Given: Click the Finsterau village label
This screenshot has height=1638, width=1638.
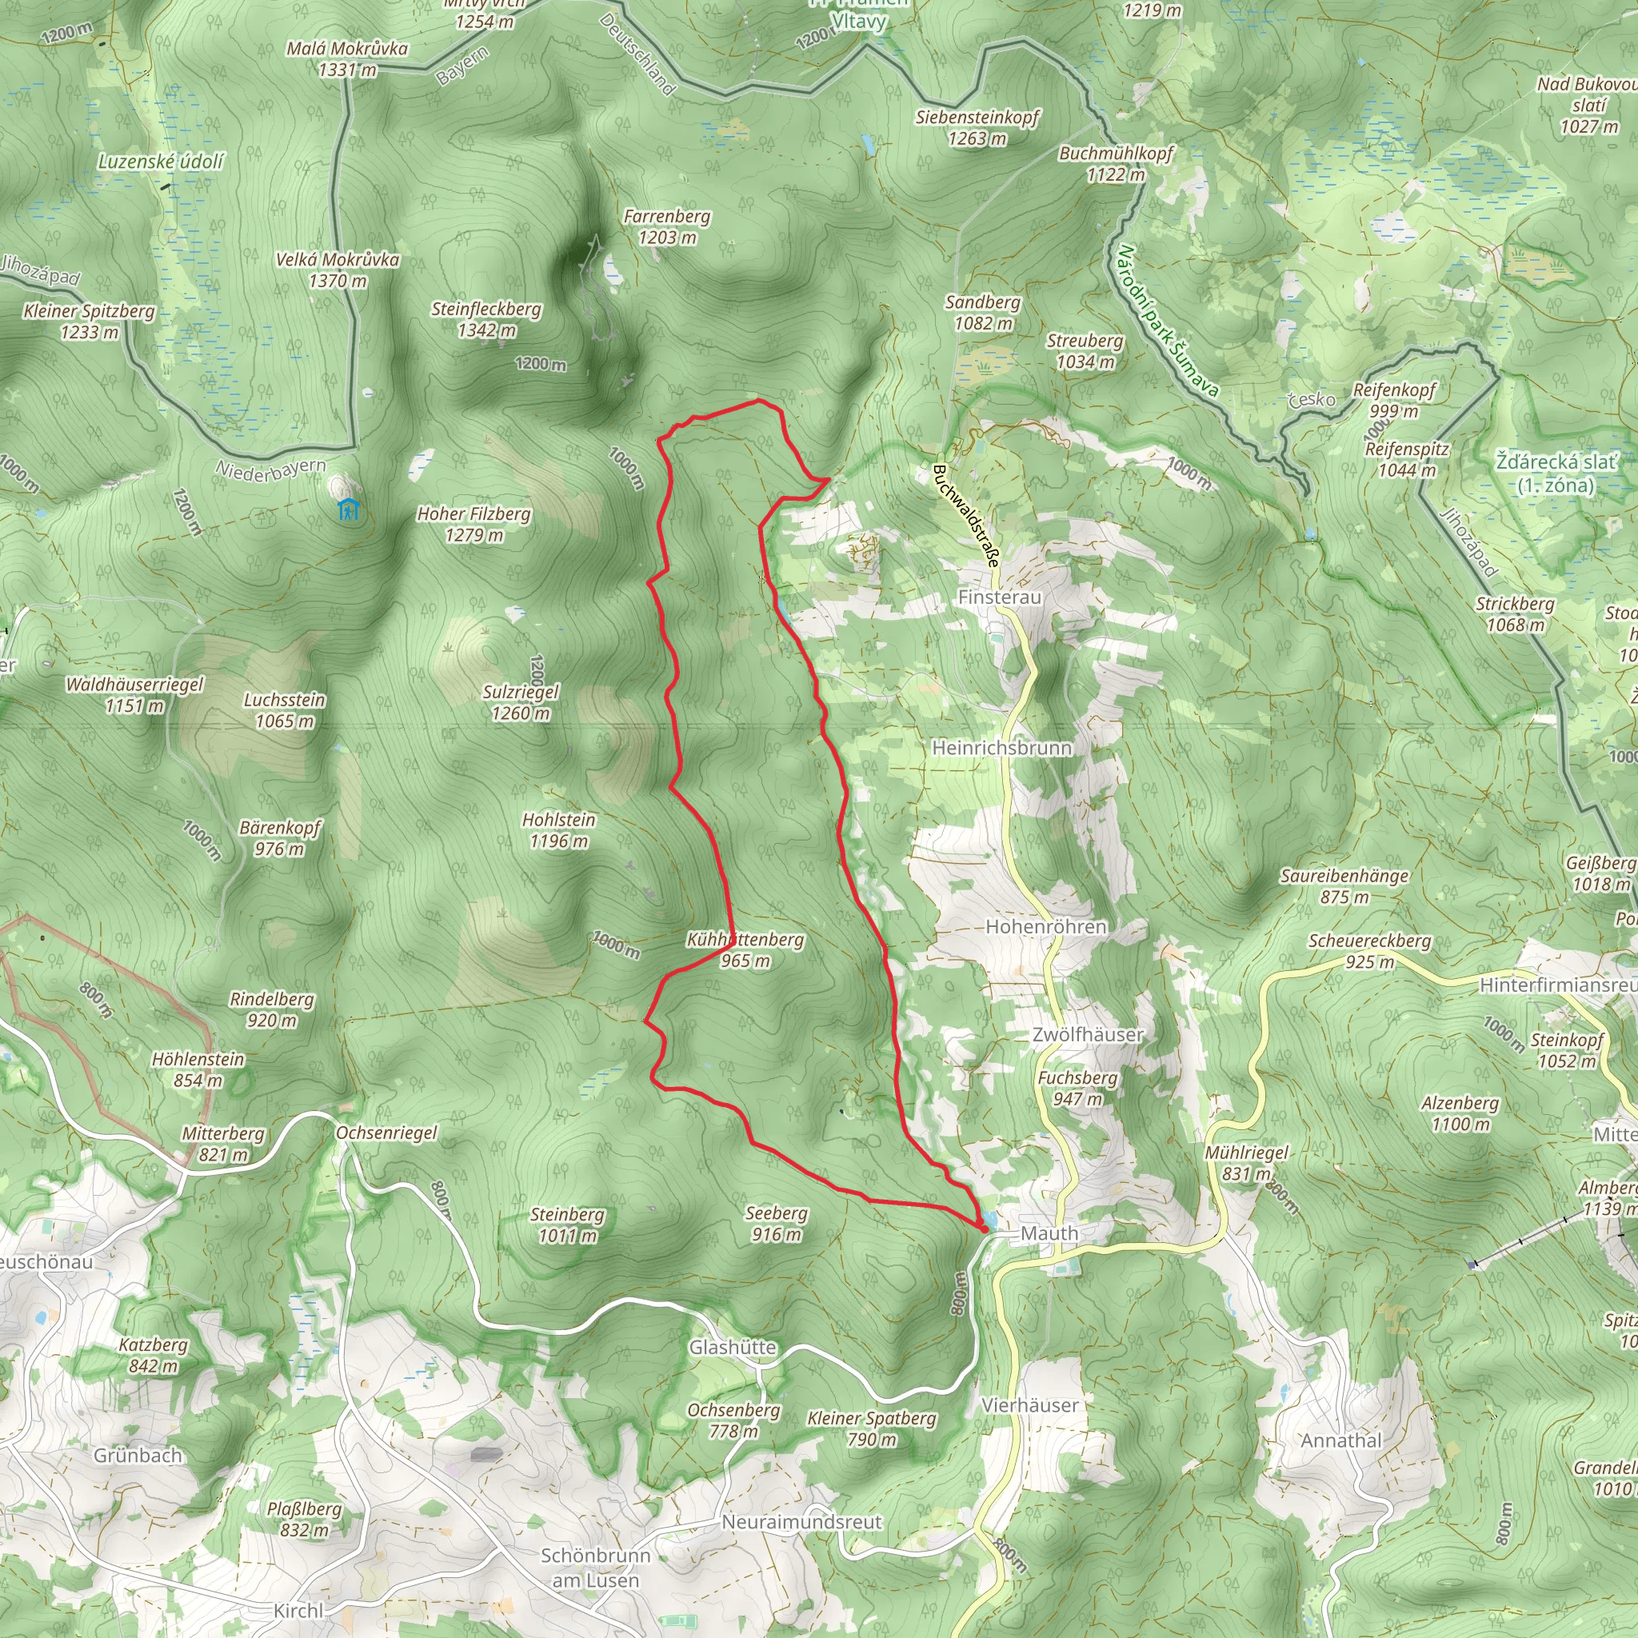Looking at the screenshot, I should coord(999,597).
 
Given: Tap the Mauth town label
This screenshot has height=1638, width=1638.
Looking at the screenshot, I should coord(1049,1233).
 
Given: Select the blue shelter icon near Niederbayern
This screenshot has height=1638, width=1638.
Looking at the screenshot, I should coord(348,509).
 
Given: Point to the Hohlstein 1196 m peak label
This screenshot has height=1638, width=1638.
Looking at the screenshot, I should coord(559,830).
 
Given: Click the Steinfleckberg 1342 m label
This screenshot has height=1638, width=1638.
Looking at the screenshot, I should coord(485,319).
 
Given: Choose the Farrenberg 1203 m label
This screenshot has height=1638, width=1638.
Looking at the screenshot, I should coord(667,226).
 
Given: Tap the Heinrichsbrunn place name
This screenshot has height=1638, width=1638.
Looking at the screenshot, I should coord(1001,748).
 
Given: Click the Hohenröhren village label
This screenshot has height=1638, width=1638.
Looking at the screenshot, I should coord(1045,927).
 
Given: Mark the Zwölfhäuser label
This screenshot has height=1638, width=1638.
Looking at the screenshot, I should coord(1087,1034).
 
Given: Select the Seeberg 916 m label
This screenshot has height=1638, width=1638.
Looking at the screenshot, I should coord(776,1224).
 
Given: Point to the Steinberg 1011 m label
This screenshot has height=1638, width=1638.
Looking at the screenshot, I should coord(567,1225).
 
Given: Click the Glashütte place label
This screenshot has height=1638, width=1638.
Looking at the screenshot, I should coord(733,1347).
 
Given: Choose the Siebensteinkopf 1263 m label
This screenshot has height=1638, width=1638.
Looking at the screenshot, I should coord(977,127).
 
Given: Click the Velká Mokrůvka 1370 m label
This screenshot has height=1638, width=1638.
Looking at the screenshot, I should coord(338,270).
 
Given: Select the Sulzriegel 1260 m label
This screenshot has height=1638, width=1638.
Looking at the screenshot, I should coord(521,702).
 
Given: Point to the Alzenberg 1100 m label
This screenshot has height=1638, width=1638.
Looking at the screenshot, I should coord(1460,1113).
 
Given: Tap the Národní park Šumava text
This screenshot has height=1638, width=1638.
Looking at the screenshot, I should coord(1168,321).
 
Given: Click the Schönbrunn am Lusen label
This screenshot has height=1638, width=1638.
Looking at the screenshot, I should coord(595,1568).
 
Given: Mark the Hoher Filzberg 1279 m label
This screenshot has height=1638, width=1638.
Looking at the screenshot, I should coord(474,524).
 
